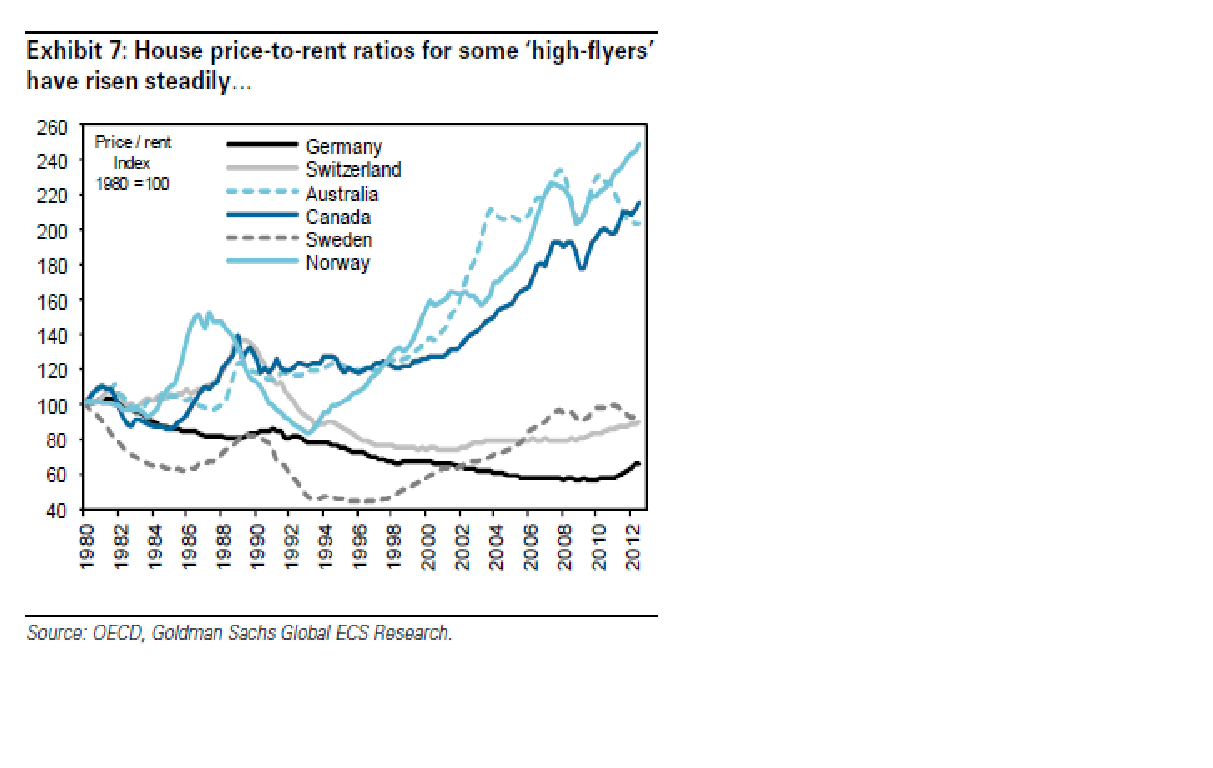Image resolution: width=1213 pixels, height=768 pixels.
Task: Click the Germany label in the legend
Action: coord(344,147)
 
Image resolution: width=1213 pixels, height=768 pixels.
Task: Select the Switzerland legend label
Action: coord(353,169)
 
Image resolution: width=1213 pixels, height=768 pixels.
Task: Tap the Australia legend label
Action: coord(342,194)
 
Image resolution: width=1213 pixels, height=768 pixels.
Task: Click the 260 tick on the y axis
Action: coord(52,127)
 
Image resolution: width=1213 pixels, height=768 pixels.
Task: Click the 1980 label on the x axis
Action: coord(87,547)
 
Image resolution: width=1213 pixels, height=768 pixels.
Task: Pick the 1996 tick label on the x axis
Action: coord(360,547)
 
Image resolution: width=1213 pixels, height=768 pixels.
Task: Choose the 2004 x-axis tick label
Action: coord(496,547)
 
